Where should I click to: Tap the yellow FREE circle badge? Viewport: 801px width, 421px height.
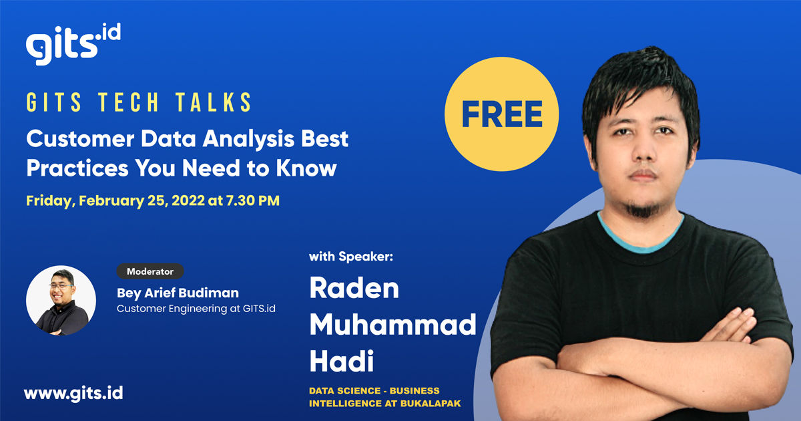pos(501,115)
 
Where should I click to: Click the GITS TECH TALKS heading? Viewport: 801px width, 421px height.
pos(140,103)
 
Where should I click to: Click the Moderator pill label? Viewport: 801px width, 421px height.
pos(150,271)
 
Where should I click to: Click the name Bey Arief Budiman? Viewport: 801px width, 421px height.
pos(178,293)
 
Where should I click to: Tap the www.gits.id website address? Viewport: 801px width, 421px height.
pos(73,392)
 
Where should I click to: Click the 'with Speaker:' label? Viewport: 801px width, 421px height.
pos(345,257)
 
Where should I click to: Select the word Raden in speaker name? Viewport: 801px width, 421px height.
pos(354,289)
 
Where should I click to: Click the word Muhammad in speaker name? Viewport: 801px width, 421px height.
pos(392,325)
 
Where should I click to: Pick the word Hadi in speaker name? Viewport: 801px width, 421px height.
pos(341,362)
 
